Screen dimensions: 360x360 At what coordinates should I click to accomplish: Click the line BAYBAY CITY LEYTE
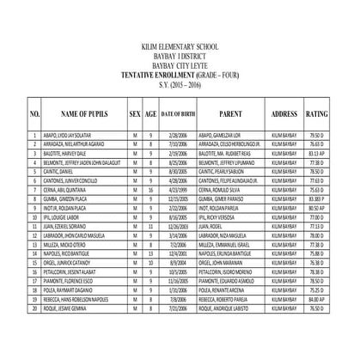click(x=180, y=69)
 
